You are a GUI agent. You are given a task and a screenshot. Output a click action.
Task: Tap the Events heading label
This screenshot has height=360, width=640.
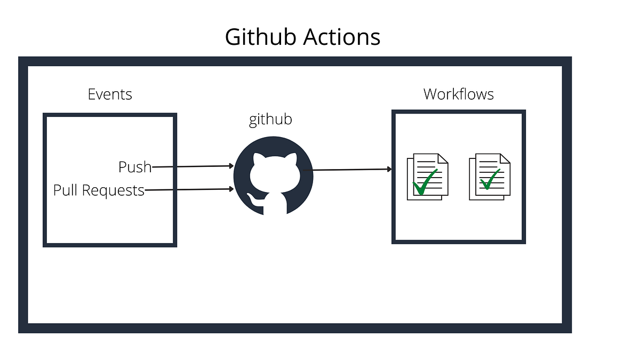pos(110,94)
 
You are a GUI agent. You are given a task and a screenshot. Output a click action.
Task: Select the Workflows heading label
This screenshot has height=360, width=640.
pos(458,94)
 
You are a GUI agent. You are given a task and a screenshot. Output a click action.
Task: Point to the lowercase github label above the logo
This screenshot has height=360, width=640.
pos(270,119)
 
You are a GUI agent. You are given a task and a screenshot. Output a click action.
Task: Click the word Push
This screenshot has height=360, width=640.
pos(135,167)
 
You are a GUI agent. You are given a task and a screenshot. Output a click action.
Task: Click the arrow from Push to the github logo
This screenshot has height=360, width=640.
pos(192,166)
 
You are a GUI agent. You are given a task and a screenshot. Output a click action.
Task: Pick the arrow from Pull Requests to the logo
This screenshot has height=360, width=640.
pos(189,189)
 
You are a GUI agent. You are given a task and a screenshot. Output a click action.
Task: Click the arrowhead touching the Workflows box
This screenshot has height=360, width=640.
pos(389,169)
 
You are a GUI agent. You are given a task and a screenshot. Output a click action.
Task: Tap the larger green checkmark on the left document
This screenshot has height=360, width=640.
pos(423,183)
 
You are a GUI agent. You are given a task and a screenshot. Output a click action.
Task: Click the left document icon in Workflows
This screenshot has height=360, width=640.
pos(427,177)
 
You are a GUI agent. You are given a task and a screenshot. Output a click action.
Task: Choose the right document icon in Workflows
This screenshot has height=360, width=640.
pos(490,177)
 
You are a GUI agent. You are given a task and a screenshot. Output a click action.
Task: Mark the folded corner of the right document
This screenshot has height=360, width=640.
pos(505,158)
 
